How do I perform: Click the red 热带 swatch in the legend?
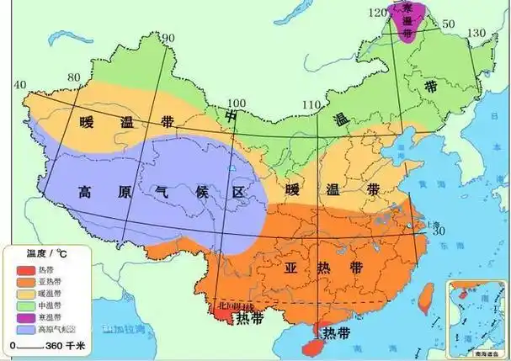click(19, 269)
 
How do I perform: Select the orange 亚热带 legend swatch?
click(19, 281)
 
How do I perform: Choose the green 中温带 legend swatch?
click(19, 304)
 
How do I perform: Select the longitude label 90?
click(168, 38)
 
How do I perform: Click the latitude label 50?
click(446, 23)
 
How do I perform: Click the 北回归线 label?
click(235, 306)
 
